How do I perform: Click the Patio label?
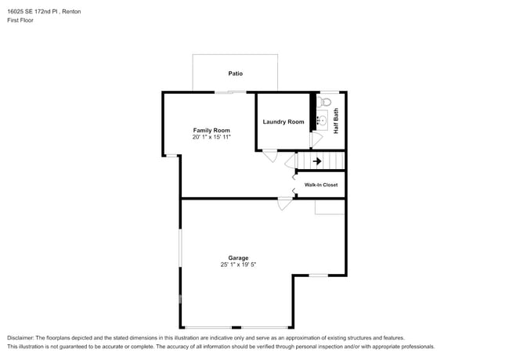pyautogui.click(x=235, y=74)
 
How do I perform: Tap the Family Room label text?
pyautogui.click(x=211, y=130)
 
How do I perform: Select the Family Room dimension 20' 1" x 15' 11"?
pyautogui.click(x=211, y=137)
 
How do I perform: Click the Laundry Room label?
pyautogui.click(x=283, y=121)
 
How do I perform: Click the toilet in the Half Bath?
pyautogui.click(x=326, y=101)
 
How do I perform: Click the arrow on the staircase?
pyautogui.click(x=317, y=161)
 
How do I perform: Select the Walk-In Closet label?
pyautogui.click(x=321, y=185)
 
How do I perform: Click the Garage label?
pyautogui.click(x=238, y=257)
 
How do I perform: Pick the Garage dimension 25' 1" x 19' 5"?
pyautogui.click(x=238, y=265)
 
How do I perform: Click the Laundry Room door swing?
pyautogui.click(x=269, y=156)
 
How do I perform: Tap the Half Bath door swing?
pyautogui.click(x=316, y=139)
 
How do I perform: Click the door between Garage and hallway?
pyautogui.click(x=285, y=203)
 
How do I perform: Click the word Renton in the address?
pyautogui.click(x=70, y=11)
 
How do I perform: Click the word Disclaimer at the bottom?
pyautogui.click(x=22, y=337)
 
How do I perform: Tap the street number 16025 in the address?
pyautogui.click(x=16, y=11)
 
